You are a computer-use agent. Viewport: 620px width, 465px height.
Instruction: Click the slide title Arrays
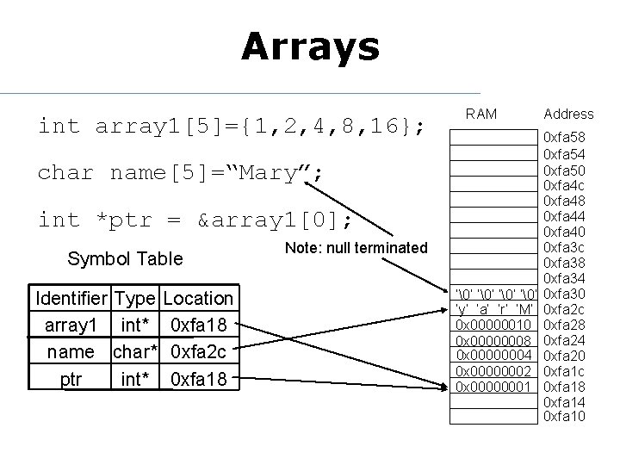(x=310, y=46)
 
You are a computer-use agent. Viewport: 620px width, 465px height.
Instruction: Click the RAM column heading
(x=480, y=113)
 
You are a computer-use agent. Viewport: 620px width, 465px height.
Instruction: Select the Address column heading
(x=568, y=114)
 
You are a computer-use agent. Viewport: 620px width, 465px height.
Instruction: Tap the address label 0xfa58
(x=564, y=138)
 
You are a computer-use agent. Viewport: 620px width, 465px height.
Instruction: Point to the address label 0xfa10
(x=564, y=417)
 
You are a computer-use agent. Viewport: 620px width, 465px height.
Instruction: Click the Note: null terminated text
(x=355, y=248)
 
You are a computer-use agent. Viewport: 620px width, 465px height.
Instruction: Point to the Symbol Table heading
(x=125, y=258)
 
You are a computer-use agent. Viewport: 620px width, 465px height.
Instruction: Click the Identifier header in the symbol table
(x=71, y=299)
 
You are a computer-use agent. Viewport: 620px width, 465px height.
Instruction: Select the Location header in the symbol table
(x=198, y=299)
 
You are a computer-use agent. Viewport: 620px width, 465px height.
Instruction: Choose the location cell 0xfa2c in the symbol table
(x=199, y=351)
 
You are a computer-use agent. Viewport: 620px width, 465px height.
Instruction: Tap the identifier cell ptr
(x=71, y=378)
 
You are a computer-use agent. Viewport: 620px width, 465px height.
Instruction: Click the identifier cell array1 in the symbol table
(x=71, y=325)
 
